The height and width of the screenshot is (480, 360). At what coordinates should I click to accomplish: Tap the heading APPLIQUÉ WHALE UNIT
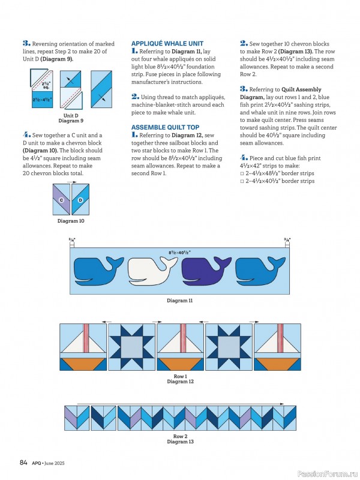coord(167,44)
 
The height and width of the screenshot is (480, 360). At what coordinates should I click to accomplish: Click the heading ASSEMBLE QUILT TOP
coord(165,127)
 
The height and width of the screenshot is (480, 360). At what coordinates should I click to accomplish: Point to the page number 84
coord(24,462)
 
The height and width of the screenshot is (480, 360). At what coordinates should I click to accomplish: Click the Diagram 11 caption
coord(179,300)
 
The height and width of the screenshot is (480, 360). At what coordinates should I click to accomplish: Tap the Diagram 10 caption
coord(71,221)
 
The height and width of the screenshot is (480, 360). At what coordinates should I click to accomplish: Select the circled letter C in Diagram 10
coord(61,200)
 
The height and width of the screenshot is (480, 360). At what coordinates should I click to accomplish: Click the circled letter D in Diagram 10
coord(80,200)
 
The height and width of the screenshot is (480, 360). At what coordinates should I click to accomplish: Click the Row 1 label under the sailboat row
coord(180,376)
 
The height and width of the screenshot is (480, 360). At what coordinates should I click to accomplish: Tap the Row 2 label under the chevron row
coord(180,436)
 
